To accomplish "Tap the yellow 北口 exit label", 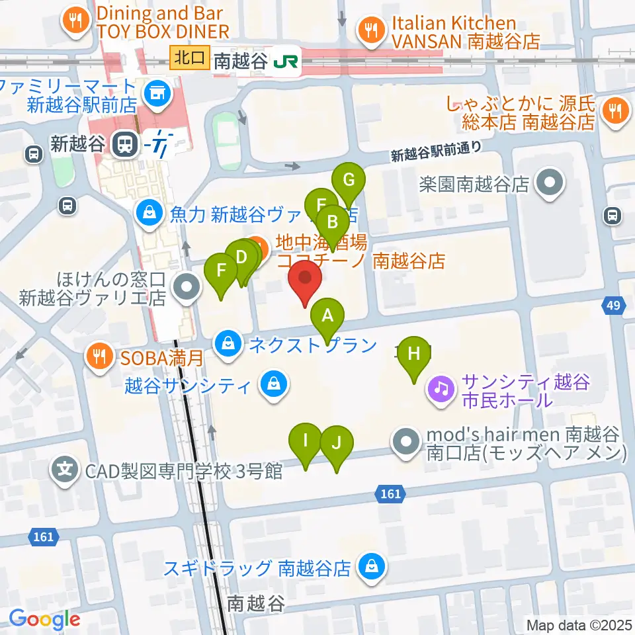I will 190,58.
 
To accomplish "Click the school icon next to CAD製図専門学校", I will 65,471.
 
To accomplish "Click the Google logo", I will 44,619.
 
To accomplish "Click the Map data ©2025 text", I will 579,624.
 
